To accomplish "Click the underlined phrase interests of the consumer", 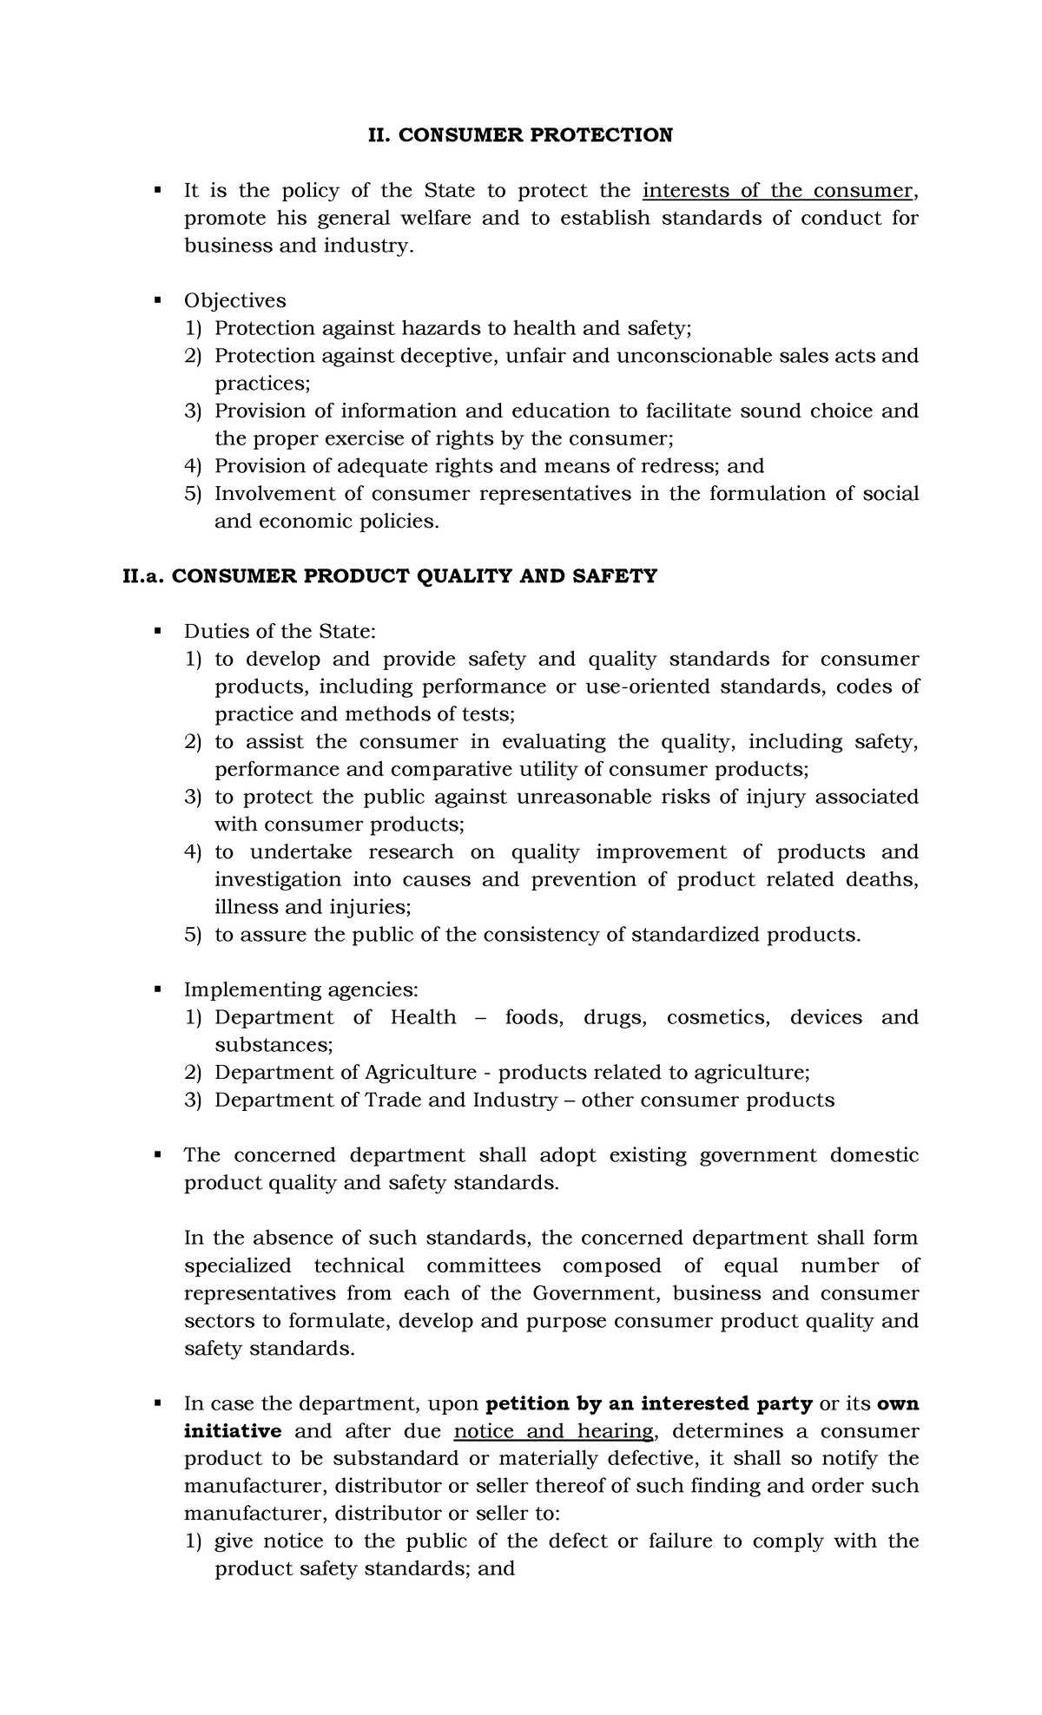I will tap(777, 191).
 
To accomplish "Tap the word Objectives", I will tap(234, 301).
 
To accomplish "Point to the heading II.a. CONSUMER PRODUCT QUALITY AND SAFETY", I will tap(390, 576).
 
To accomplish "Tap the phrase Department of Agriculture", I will tap(346, 1073).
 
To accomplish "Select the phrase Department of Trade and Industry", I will tap(386, 1101).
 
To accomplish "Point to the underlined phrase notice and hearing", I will tap(553, 1431).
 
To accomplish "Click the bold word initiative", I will tap(232, 1431).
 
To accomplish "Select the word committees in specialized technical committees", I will tap(483, 1266).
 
